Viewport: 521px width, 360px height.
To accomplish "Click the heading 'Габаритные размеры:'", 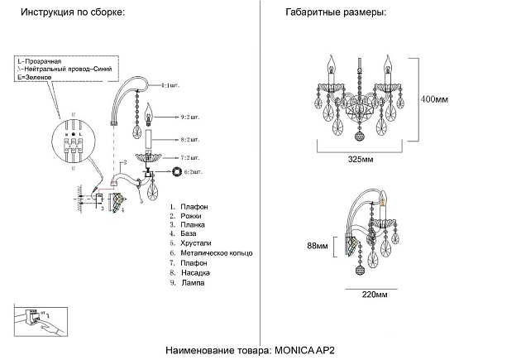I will (335, 14).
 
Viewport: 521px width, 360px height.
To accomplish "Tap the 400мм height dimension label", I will (435, 99).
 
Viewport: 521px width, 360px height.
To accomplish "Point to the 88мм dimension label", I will (318, 247).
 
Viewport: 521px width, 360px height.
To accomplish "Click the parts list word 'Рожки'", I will (193, 216).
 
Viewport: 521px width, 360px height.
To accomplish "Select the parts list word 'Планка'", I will (194, 225).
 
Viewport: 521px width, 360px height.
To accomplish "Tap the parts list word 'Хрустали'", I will (197, 244).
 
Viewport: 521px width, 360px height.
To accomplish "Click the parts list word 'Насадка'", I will (197, 272).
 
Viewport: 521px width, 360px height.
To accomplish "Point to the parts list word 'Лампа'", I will (194, 282).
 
